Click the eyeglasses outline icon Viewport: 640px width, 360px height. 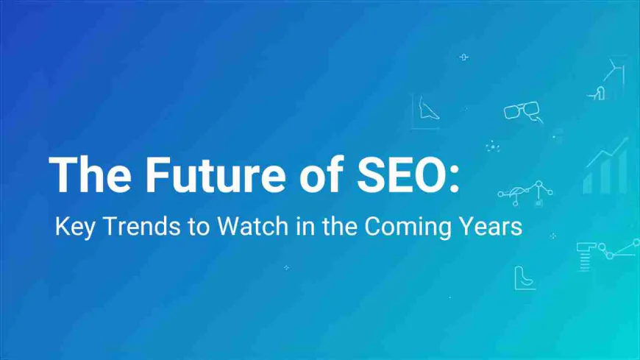(x=522, y=111)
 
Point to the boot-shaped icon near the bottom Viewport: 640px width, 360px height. (x=524, y=278)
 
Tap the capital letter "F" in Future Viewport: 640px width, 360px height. (x=156, y=174)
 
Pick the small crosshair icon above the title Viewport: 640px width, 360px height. (x=463, y=57)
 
